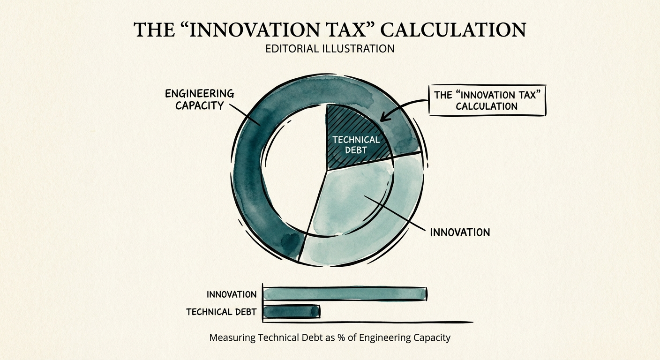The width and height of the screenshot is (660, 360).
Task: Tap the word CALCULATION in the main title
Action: click(453, 30)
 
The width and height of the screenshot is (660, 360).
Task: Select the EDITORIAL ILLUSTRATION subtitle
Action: click(330, 48)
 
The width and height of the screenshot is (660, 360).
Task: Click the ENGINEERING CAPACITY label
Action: click(200, 99)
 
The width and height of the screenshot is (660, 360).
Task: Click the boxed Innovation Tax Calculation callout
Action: click(487, 100)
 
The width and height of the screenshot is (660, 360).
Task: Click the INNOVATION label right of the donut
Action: click(459, 232)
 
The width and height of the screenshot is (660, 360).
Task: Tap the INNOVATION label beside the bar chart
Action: click(232, 294)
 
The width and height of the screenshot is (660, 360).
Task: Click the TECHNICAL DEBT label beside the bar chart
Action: click(221, 312)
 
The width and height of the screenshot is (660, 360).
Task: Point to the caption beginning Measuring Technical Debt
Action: click(330, 337)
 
